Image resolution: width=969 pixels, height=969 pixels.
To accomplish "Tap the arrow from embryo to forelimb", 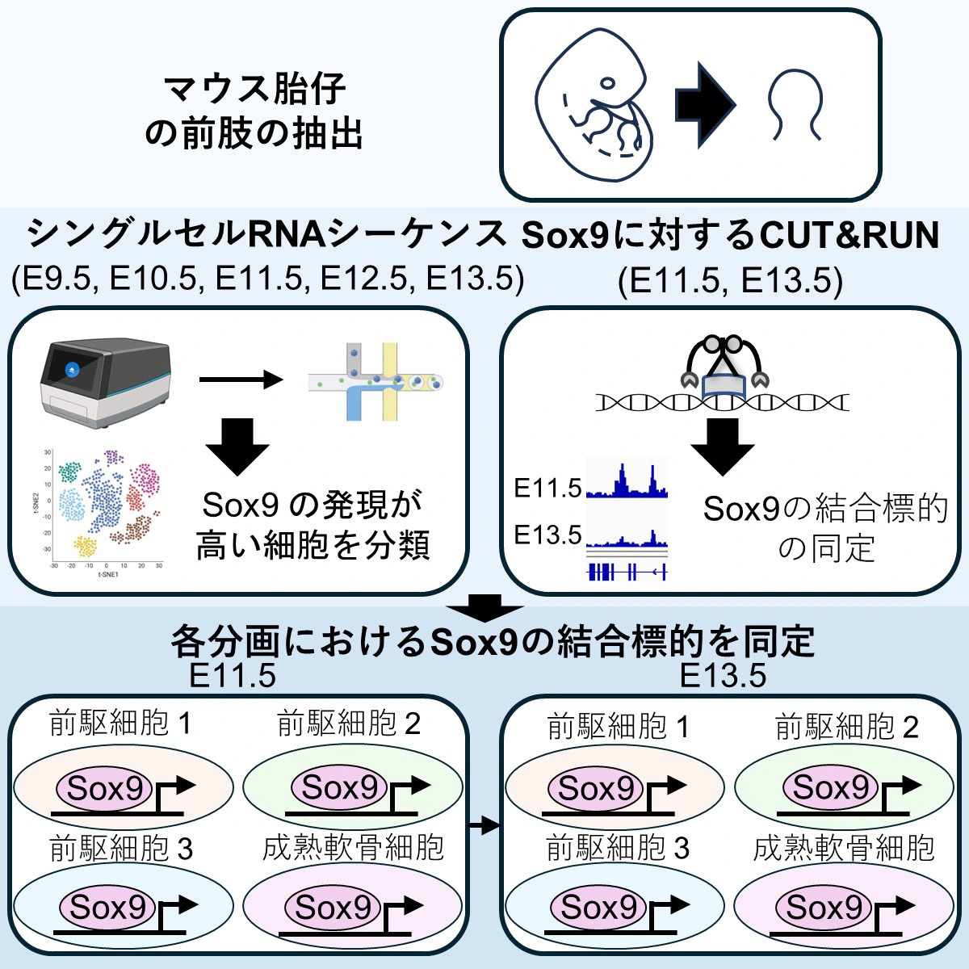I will point(704,106).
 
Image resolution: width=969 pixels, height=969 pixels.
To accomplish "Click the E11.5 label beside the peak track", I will point(547,488).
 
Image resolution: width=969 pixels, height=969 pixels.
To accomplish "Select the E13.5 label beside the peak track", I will point(547,534).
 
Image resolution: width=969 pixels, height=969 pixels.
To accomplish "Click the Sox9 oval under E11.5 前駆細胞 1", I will point(104,788).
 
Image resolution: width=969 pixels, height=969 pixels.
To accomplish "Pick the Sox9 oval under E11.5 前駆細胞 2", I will point(339,787).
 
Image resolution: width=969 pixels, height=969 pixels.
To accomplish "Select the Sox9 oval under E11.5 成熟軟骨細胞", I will point(333,908).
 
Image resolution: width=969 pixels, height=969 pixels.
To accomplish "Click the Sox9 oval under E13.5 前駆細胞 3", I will point(598,908).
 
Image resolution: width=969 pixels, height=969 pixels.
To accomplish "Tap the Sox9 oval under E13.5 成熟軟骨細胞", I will point(824,908).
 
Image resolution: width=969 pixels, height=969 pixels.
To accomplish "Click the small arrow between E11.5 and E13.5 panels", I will point(485,825).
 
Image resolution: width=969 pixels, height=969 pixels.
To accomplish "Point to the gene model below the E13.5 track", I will point(627,572).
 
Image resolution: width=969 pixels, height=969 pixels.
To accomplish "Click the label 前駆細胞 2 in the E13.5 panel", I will point(846,728).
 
